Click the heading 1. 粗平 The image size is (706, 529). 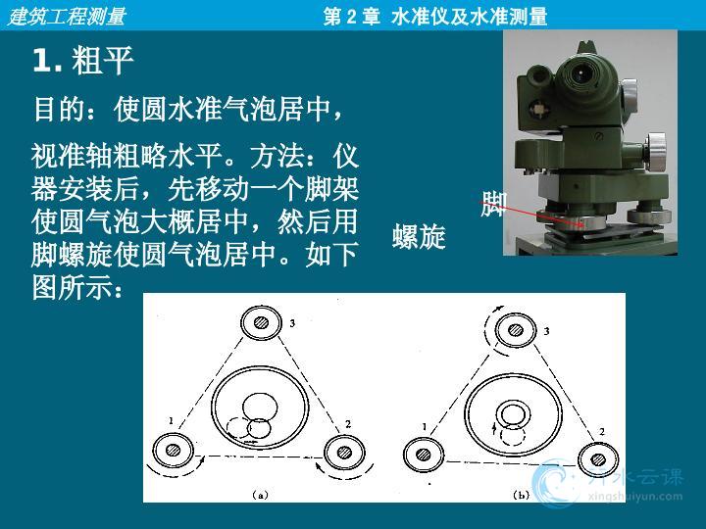tap(82, 61)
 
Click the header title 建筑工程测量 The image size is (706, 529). tap(67, 17)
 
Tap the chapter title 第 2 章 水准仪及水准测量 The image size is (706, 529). tap(435, 17)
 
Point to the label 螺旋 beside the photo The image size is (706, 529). tap(419, 236)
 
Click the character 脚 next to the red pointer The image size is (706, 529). tap(494, 204)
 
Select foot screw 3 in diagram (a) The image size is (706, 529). tap(261, 322)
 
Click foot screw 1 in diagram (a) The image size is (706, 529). tap(173, 450)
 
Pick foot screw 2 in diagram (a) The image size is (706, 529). tap(344, 452)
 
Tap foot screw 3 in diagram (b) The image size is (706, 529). tap(515, 330)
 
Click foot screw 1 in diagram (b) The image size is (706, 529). tap(424, 455)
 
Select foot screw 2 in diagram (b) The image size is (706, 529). tap(598, 459)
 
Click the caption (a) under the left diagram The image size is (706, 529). tap(260, 495)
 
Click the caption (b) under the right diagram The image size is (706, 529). tap(522, 496)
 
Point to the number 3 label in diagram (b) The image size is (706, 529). tap(546, 331)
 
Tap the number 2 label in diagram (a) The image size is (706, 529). tap(348, 424)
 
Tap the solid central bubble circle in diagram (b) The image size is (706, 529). tap(513, 413)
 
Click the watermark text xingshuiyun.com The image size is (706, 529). tap(635, 497)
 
